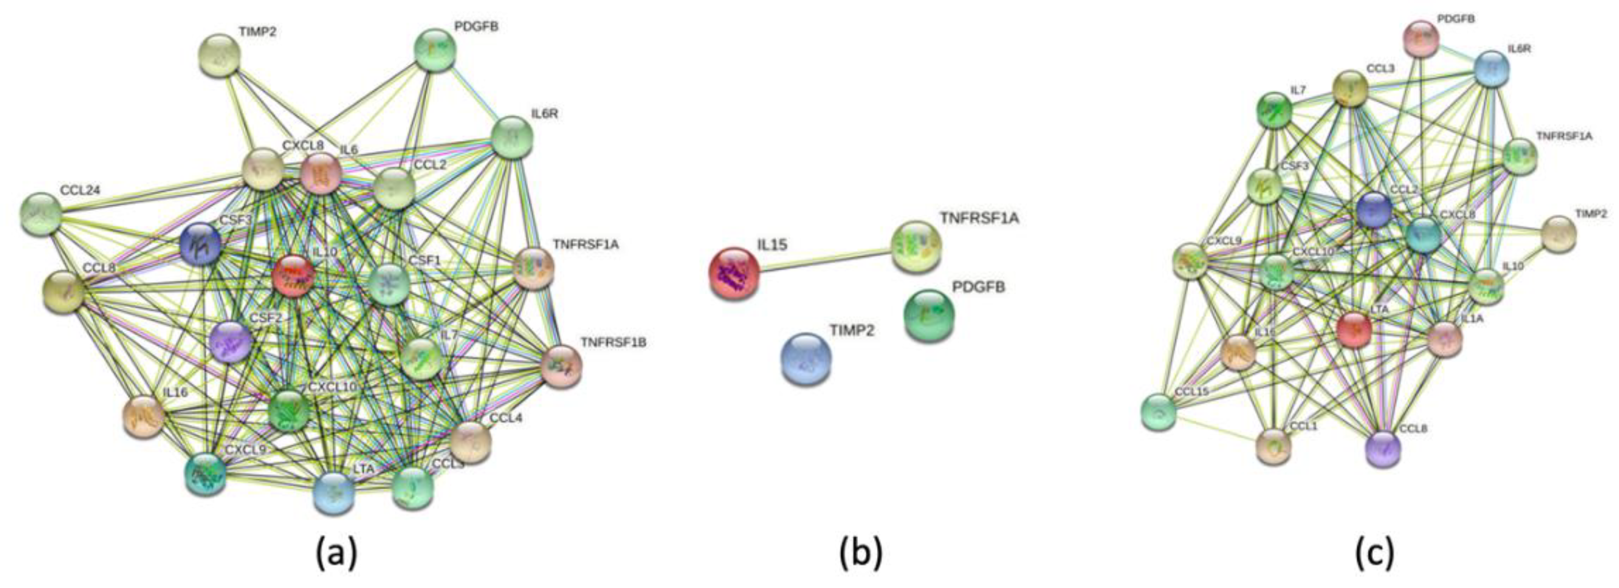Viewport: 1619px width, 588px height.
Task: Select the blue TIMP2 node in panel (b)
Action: coord(806,358)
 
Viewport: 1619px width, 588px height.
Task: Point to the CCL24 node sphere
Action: coord(41,214)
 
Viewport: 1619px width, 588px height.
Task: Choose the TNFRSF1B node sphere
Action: coord(562,366)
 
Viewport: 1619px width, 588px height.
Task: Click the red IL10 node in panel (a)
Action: coord(293,276)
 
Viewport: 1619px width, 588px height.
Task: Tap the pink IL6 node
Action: coord(320,174)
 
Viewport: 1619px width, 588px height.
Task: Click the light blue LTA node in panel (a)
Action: coord(334,492)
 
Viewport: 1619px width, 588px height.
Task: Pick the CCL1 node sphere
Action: coord(1273,447)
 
